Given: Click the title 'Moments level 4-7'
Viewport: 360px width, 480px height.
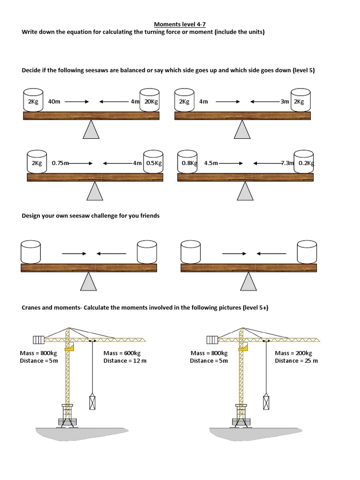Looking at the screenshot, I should click(x=180, y=25).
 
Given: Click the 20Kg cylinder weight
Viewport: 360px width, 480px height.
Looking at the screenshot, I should click(x=150, y=100).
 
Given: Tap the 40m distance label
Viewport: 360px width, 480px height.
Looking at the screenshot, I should click(x=54, y=101).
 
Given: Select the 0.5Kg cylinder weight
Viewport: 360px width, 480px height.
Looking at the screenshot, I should click(x=153, y=162).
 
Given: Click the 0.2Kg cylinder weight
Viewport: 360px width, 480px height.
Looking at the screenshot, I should click(x=304, y=162).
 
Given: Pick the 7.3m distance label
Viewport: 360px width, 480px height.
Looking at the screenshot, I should click(x=287, y=163).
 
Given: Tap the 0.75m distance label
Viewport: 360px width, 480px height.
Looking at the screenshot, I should click(x=60, y=163).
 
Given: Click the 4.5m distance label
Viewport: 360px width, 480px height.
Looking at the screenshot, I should click(x=211, y=163).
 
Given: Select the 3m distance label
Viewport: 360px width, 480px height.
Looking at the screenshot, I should click(x=285, y=101).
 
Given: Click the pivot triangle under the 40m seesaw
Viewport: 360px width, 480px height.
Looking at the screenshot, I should click(x=91, y=129).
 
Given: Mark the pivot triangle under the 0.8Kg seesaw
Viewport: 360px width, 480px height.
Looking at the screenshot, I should click(x=245, y=191).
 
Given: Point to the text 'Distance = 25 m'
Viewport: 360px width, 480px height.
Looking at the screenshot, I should click(x=296, y=360).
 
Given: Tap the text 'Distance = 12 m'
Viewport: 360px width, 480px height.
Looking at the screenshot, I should click(x=125, y=360).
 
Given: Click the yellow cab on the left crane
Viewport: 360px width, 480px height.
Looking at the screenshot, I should click(x=70, y=348).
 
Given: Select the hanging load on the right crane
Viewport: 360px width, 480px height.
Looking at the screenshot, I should click(x=266, y=402).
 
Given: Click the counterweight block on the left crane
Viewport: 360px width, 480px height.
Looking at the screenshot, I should click(x=38, y=339).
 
